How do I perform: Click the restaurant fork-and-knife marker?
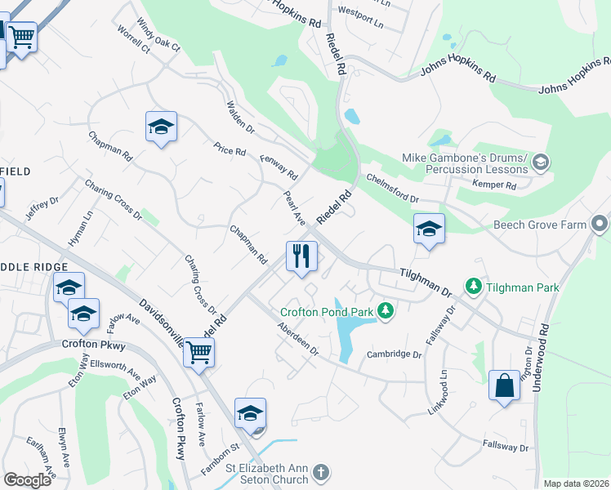(301, 256)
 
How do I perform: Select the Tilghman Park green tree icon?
(473, 287)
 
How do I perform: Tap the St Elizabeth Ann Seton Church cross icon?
(322, 472)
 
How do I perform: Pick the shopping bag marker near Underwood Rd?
(505, 385)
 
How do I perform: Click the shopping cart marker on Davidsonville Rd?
(199, 353)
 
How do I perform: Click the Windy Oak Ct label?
(158, 36)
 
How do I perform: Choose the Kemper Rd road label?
(494, 185)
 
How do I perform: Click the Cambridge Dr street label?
(394, 354)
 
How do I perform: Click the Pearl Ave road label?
(293, 209)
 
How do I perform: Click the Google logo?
(27, 480)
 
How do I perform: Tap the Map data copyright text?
(575, 483)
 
